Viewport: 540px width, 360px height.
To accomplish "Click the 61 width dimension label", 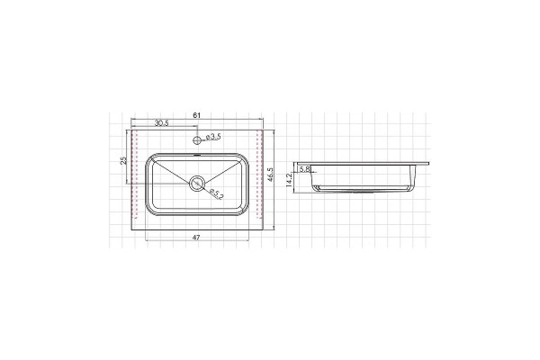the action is click(x=196, y=115).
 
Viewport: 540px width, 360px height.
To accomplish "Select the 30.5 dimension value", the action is click(x=161, y=123).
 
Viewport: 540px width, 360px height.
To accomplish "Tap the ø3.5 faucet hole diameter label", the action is click(x=213, y=137).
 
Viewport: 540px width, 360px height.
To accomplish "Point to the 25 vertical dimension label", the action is click(x=123, y=160).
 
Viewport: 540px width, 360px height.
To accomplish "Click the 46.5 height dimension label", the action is click(x=270, y=175).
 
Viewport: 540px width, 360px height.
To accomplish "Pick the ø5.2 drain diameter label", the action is click(x=217, y=194).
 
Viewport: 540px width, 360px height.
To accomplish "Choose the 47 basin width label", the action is click(x=196, y=238).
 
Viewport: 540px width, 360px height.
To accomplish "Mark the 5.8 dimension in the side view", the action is click(x=305, y=169).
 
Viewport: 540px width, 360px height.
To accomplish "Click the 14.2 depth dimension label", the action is click(x=289, y=180).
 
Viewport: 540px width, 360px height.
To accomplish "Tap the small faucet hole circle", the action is click(x=196, y=140).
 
